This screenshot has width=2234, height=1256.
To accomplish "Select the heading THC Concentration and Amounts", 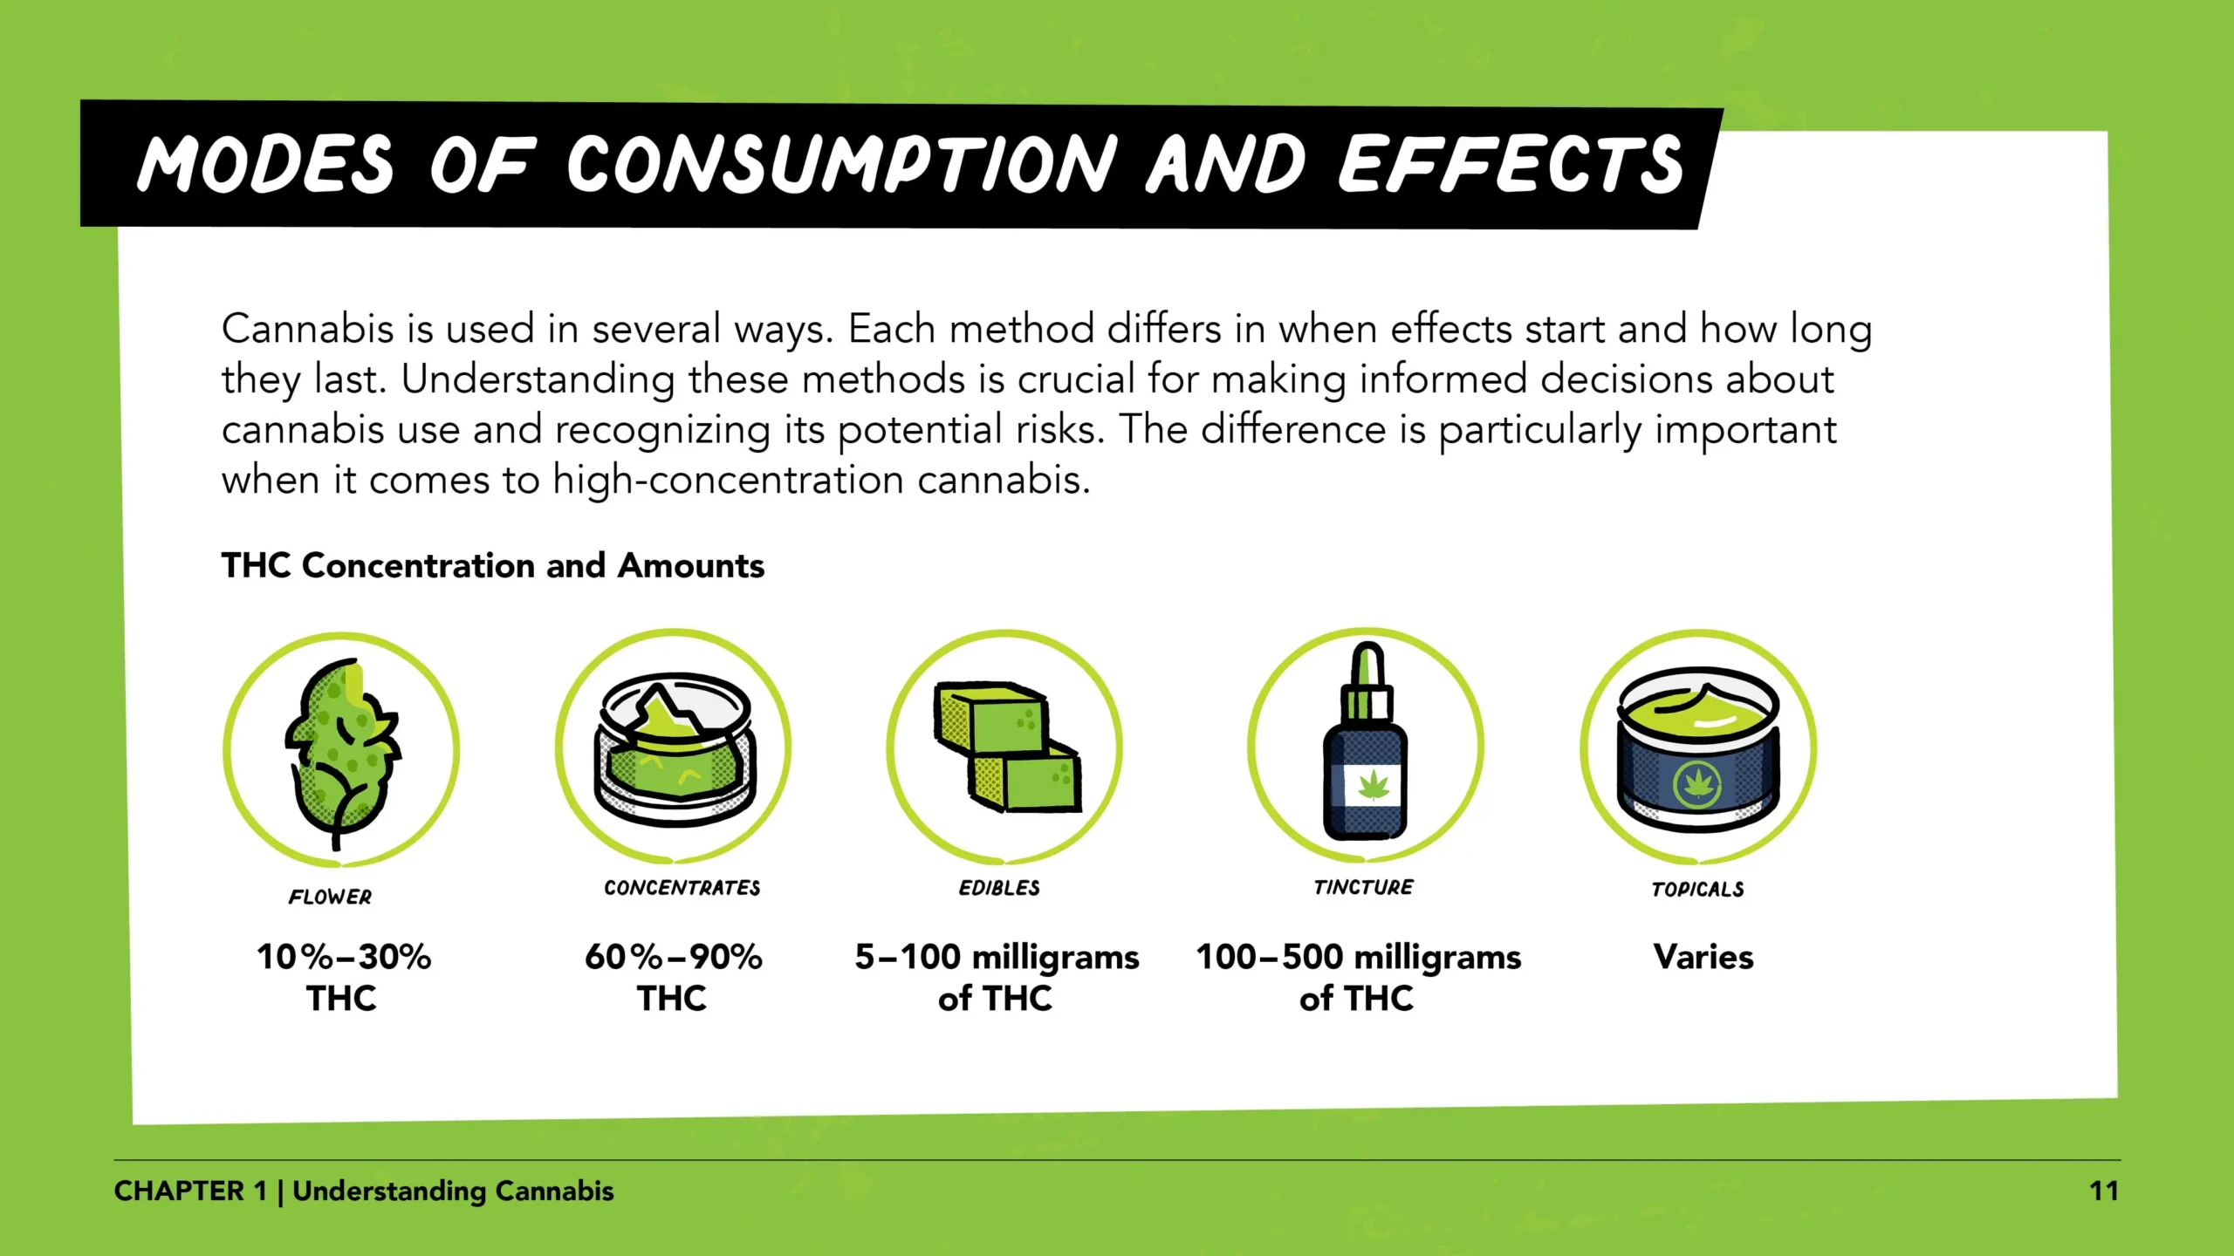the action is click(493, 565).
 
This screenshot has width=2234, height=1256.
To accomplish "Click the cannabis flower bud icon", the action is click(341, 753).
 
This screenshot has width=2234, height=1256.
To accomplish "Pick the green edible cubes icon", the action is click(1007, 746).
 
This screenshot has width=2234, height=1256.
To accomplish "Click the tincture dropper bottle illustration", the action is click(1366, 741).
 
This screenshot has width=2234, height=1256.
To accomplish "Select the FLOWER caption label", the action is click(331, 897).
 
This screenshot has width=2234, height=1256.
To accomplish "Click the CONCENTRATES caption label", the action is click(682, 888).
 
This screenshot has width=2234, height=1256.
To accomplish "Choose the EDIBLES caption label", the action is click(1000, 888).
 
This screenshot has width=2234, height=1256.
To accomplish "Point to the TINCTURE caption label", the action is click(1364, 887).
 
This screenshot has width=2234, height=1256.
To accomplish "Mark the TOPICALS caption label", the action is click(1698, 889).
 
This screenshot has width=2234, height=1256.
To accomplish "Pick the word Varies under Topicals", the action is click(1703, 957).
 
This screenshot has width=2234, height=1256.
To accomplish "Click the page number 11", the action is click(2104, 1191).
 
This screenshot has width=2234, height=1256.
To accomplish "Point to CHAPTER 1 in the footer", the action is click(190, 1191).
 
